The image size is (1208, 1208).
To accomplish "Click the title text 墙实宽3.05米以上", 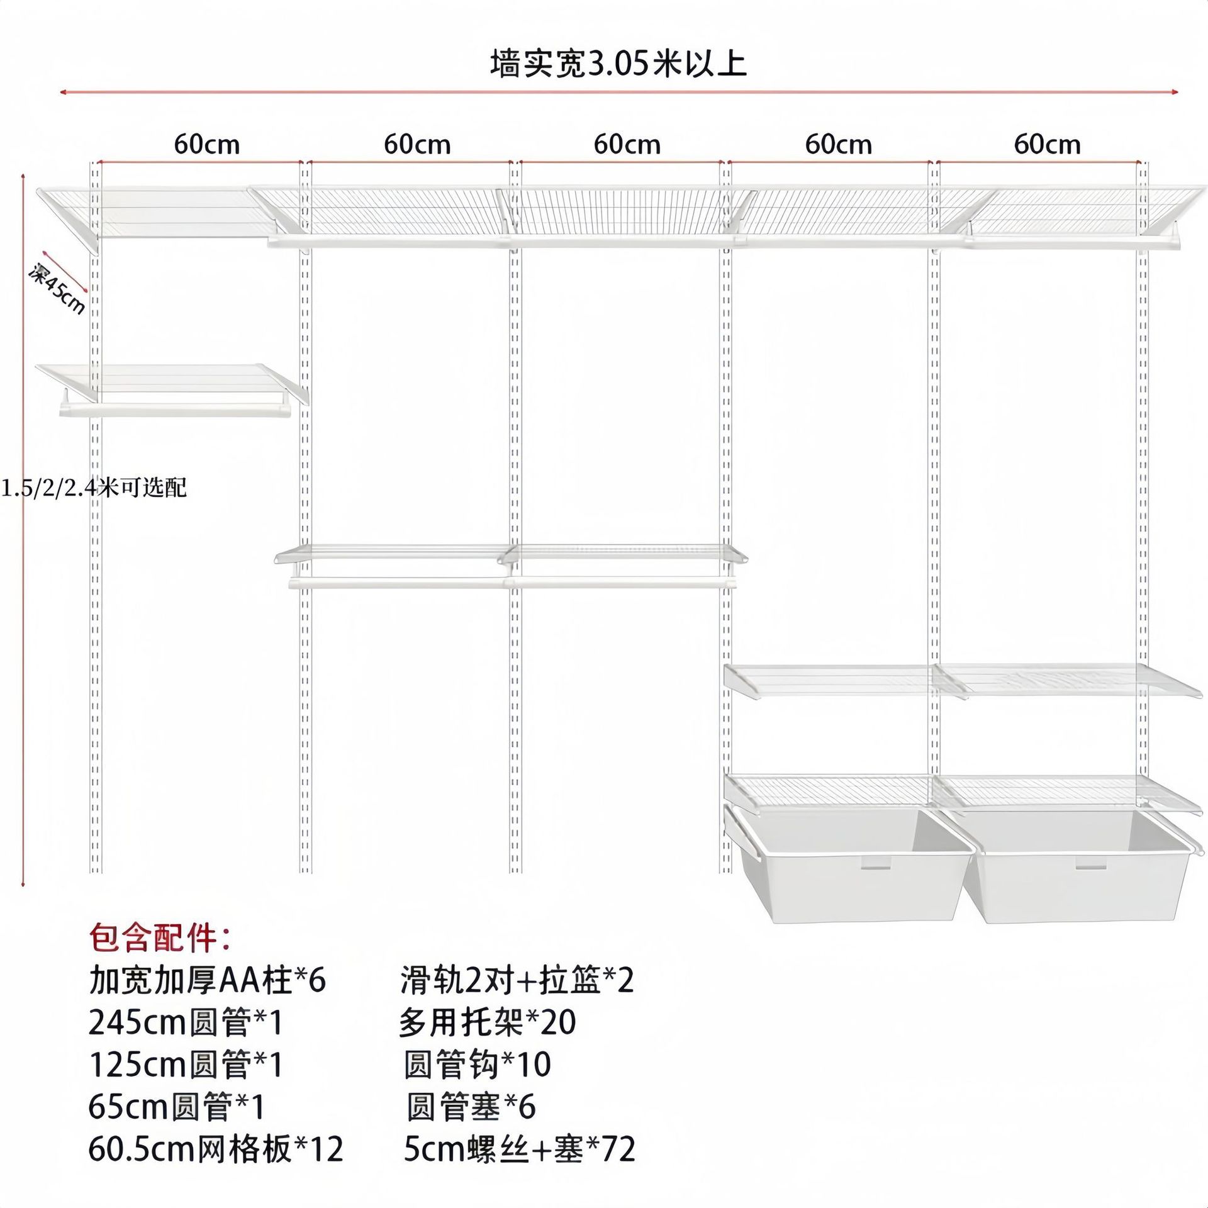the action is [618, 64].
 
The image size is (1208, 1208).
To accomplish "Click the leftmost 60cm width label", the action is [207, 145].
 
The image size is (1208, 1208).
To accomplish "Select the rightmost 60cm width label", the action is [1047, 145].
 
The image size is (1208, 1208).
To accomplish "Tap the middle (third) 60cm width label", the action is [627, 145].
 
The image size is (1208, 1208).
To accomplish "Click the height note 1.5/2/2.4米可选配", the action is [94, 488].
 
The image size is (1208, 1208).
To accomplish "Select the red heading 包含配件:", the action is [160, 937].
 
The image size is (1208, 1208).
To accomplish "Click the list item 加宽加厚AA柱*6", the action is [208, 980].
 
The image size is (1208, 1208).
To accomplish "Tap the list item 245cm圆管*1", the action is [186, 1022].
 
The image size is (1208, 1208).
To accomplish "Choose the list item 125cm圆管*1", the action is [186, 1065].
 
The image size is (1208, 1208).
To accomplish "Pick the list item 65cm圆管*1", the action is [177, 1107].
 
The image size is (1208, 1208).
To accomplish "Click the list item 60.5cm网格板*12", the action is [216, 1149].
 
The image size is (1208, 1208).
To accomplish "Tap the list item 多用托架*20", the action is [488, 1022].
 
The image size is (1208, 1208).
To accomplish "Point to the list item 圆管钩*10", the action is [478, 1065].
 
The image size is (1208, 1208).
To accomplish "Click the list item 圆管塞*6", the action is [471, 1107].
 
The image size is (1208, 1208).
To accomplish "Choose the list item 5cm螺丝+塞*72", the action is [520, 1149].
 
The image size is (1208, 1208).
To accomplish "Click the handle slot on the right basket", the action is [1090, 866].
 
